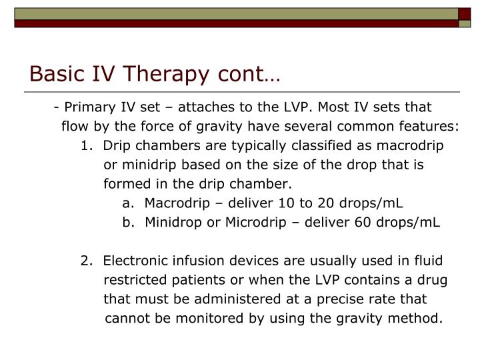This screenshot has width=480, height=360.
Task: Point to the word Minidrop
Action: tap(171, 222)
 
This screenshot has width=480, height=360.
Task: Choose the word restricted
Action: tap(134, 280)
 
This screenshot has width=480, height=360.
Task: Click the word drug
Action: tap(433, 280)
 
